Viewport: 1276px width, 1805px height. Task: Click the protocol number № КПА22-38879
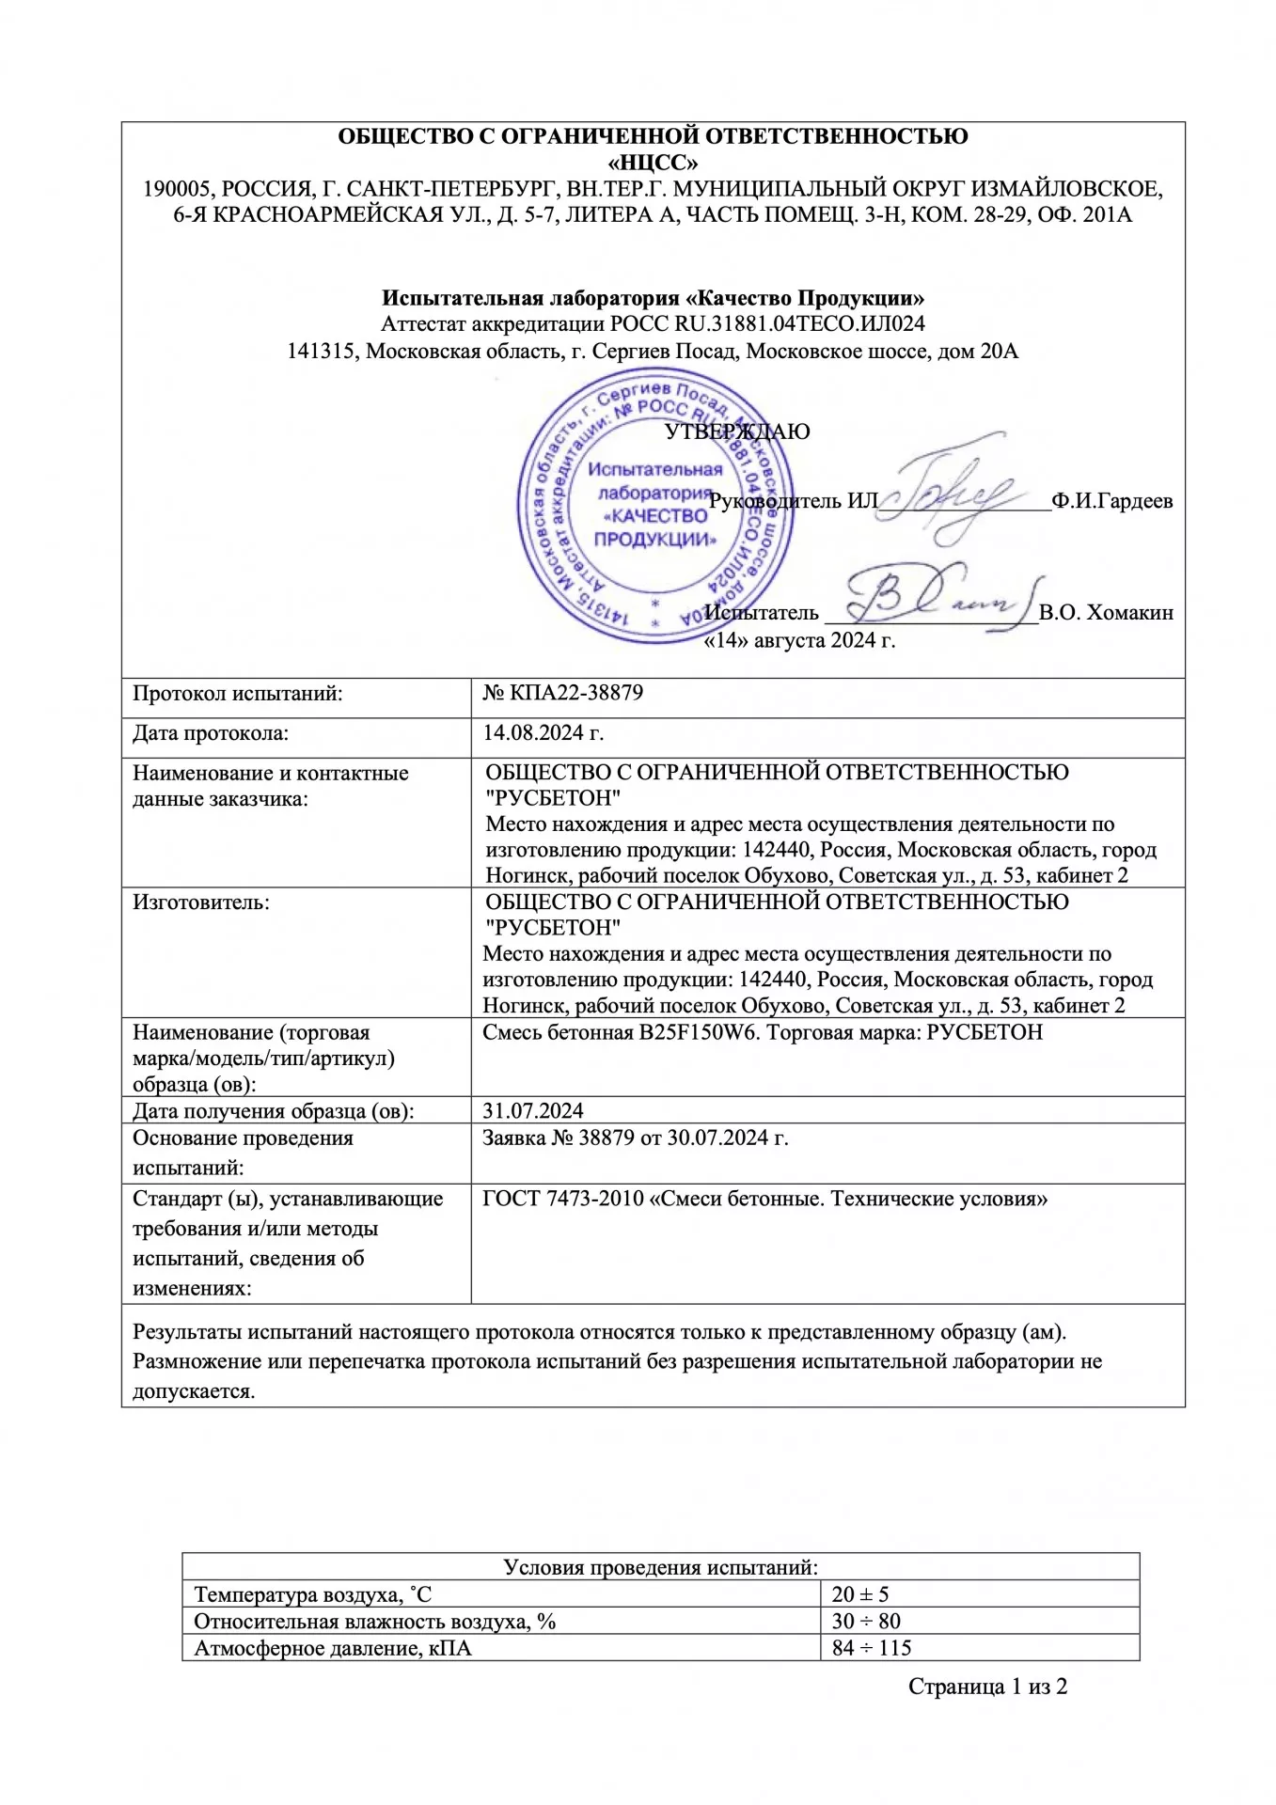tap(562, 694)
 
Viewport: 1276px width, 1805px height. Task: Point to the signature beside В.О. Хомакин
tap(931, 598)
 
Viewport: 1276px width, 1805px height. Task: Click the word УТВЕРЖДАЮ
tap(737, 432)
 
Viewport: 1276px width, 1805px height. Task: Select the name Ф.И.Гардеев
tap(1111, 501)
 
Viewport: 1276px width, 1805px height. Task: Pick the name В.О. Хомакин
tap(1106, 613)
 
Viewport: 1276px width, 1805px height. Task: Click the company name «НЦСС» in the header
tap(653, 162)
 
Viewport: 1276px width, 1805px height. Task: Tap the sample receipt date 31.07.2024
tap(533, 1110)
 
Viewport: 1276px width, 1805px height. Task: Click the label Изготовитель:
tap(201, 902)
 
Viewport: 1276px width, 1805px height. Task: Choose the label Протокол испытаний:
tap(238, 694)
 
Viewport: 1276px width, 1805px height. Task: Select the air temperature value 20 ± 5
tap(859, 1594)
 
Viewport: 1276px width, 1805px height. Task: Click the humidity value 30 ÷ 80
tap(866, 1621)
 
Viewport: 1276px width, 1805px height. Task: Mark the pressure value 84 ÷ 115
tap(872, 1647)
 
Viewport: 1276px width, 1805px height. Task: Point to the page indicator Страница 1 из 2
tap(987, 1687)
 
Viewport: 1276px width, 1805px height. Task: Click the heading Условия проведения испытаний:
tap(660, 1567)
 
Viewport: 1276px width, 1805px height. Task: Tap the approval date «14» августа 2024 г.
tap(799, 641)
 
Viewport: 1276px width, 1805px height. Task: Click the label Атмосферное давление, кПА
tap(332, 1648)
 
